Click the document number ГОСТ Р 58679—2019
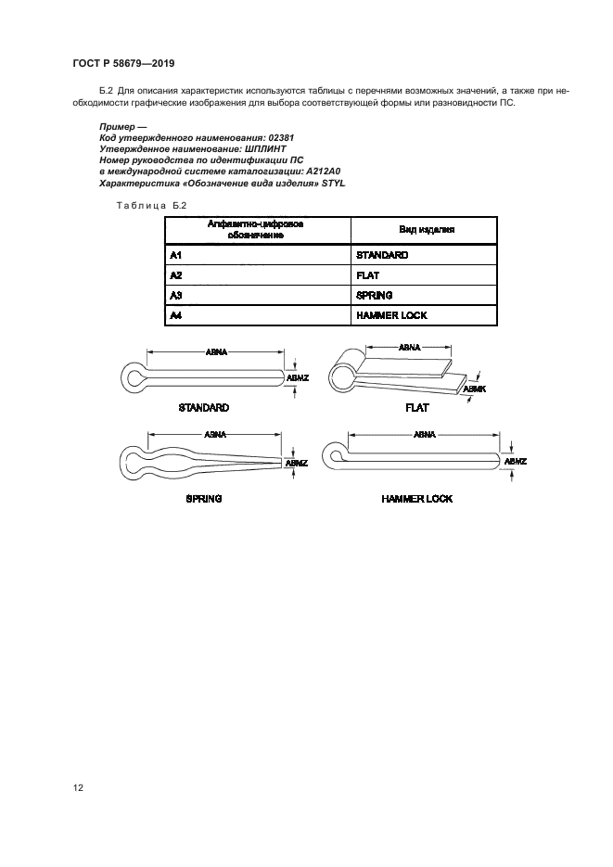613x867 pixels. coord(124,63)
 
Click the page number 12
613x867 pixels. coord(78,787)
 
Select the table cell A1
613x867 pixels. coord(258,255)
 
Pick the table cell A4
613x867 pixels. coord(258,315)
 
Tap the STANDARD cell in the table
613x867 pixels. coord(424,255)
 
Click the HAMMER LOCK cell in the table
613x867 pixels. coord(424,315)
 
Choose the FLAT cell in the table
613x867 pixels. coord(424,274)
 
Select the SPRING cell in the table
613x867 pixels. coord(424,295)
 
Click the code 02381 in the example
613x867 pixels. coord(281,137)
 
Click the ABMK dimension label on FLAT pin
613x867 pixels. coord(474,389)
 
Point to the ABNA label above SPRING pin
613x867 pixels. coord(215,435)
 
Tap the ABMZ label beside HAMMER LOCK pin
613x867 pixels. coord(516,461)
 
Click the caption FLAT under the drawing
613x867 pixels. coord(416,407)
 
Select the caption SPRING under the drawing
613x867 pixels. coord(204,499)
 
